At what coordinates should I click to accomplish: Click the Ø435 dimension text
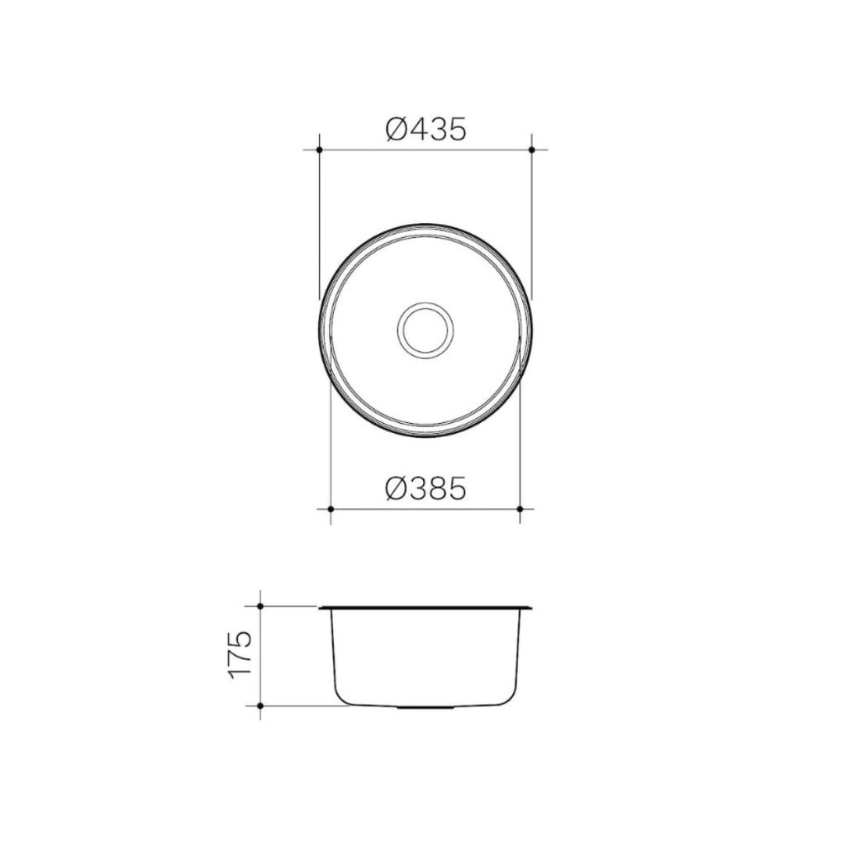click(x=426, y=129)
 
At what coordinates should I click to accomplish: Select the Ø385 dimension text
click(x=426, y=490)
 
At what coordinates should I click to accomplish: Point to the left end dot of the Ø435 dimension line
click(x=319, y=150)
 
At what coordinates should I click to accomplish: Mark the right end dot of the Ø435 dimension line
click(x=531, y=150)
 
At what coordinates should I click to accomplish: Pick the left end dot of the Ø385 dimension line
click(x=330, y=510)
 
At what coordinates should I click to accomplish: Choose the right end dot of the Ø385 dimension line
click(x=520, y=510)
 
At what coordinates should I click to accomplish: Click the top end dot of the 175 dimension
click(x=260, y=606)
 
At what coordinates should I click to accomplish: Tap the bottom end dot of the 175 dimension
click(x=260, y=706)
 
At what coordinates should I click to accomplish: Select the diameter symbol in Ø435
click(x=396, y=129)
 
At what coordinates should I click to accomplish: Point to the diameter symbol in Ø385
click(x=396, y=490)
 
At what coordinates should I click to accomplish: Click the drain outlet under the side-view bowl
click(x=425, y=708)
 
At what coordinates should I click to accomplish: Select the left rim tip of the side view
click(x=321, y=608)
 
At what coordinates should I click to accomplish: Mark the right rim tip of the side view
click(x=530, y=608)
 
